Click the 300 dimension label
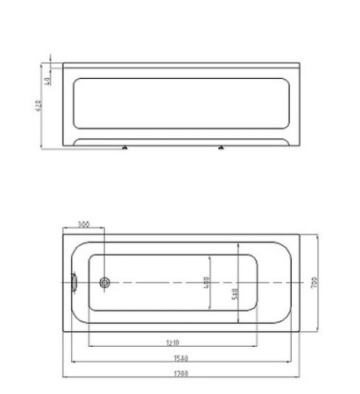(x=83, y=224)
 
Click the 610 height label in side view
(x=39, y=105)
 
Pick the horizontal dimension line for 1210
(x=131, y=345)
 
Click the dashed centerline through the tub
(x=158, y=283)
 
